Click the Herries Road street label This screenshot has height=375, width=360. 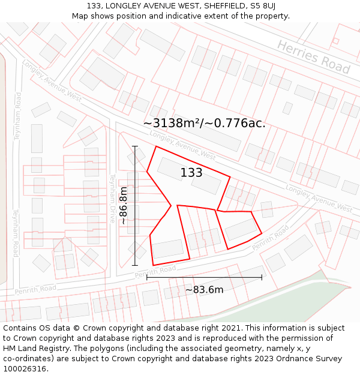(x=314, y=57)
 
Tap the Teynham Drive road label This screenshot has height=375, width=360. (x=112, y=198)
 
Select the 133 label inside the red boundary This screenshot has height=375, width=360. (x=191, y=173)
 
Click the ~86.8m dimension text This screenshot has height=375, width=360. (x=123, y=205)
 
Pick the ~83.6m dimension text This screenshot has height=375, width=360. (x=204, y=290)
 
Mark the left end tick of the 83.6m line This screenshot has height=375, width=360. (x=147, y=277)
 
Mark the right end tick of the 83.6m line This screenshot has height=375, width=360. (x=262, y=277)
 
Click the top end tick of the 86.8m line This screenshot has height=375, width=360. (x=135, y=146)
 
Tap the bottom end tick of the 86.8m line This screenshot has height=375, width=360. (x=135, y=265)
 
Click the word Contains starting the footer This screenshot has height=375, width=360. (x=21, y=328)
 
